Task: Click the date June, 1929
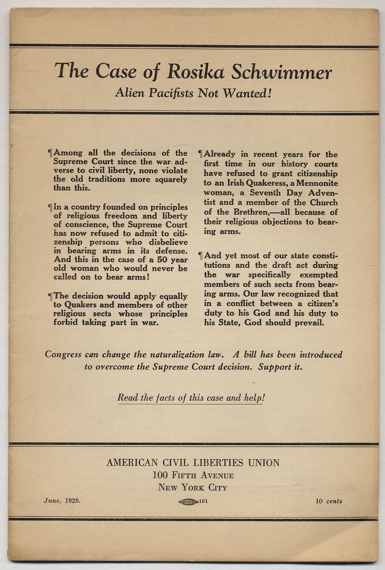pyautogui.click(x=62, y=501)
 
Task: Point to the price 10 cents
pyautogui.click(x=329, y=501)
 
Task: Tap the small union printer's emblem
pyautogui.click(x=188, y=501)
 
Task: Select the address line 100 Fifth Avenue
pyautogui.click(x=193, y=475)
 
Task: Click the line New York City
pyautogui.click(x=192, y=487)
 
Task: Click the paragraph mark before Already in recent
pyautogui.click(x=201, y=154)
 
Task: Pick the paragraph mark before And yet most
pyautogui.click(x=201, y=255)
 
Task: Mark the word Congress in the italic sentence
pyautogui.click(x=63, y=354)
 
